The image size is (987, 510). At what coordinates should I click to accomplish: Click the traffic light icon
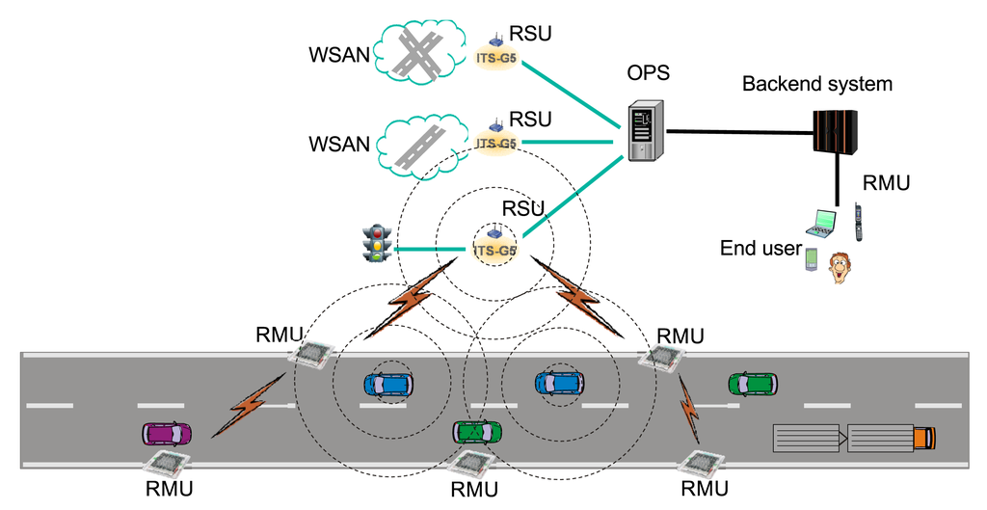click(377, 242)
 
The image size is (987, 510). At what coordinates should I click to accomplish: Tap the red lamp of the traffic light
click(378, 230)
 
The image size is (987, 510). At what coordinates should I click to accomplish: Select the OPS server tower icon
click(647, 130)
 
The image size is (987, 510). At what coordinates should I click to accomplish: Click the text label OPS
click(649, 73)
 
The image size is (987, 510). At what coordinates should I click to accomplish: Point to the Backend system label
click(817, 84)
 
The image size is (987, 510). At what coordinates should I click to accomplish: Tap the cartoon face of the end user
click(840, 267)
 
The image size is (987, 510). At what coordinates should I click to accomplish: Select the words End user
click(761, 248)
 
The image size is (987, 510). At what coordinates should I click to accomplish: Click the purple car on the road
click(167, 433)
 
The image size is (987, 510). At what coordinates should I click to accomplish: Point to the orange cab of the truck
click(924, 438)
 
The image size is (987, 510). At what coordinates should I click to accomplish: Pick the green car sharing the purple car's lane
click(478, 433)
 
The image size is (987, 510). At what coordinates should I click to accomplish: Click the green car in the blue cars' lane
click(753, 384)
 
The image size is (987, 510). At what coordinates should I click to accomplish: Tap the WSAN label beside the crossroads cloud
click(339, 55)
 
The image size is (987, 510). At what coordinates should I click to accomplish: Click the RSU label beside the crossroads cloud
click(530, 33)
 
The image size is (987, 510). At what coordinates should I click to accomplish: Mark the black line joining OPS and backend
click(740, 132)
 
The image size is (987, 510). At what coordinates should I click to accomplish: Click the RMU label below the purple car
click(169, 488)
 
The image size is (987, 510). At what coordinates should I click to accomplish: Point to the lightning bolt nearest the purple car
click(249, 404)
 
